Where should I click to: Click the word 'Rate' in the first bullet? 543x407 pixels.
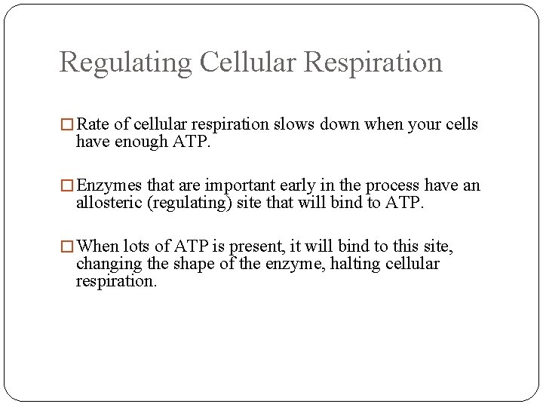tap(94, 124)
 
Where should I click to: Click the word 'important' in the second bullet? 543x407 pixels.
tap(239, 185)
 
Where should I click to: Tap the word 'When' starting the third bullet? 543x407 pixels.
tap(98, 246)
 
